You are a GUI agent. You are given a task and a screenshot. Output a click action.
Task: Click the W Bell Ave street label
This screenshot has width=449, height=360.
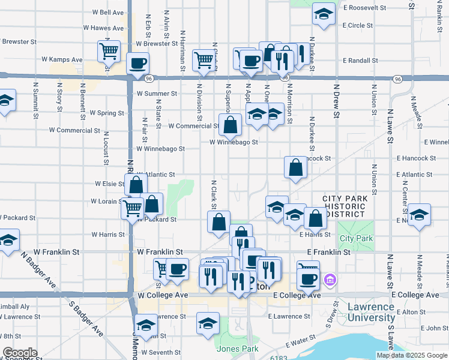click(108, 12)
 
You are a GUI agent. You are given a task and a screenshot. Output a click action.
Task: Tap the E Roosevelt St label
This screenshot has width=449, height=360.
click(364, 8)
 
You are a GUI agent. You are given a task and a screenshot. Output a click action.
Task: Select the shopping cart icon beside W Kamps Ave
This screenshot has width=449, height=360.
click(109, 51)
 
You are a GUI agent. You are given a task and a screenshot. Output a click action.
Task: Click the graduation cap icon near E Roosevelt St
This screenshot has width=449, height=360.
click(324, 14)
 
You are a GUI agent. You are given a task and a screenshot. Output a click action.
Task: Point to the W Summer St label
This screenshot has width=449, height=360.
click(157, 94)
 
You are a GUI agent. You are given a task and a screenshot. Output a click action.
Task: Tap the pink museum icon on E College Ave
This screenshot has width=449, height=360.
click(329, 280)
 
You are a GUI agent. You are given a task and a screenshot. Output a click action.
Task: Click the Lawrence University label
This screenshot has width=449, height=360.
click(371, 312)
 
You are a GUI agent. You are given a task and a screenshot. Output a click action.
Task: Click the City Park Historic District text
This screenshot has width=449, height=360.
click(344, 206)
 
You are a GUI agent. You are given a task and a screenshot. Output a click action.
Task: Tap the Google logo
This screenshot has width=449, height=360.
click(19, 353)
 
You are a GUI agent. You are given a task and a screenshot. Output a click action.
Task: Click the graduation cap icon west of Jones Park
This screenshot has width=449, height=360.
click(208, 323)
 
